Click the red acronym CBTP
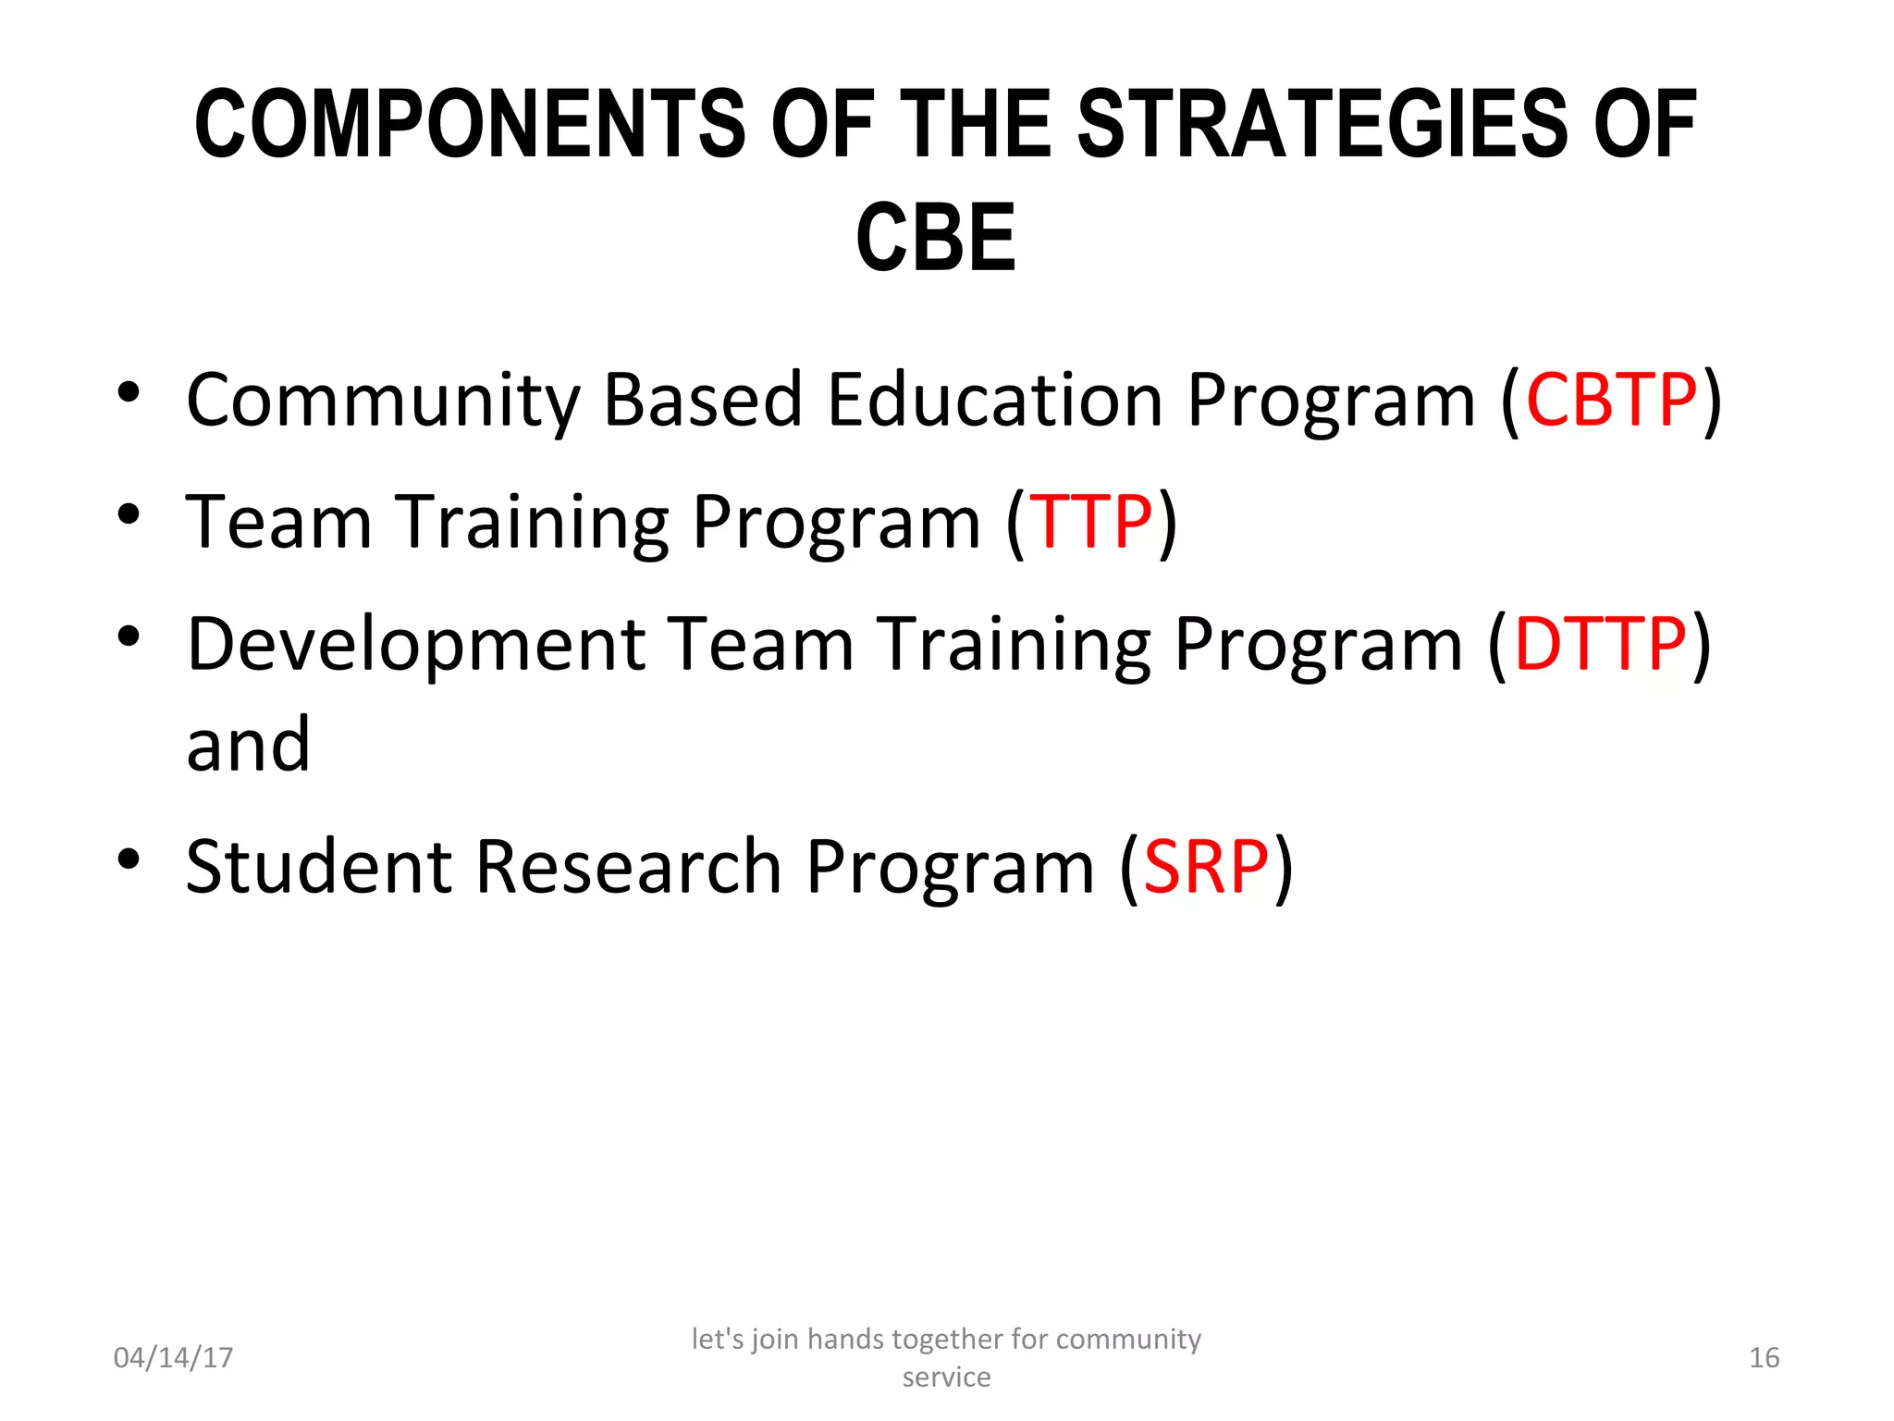1611,400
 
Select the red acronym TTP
1091,522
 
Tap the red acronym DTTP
1600,644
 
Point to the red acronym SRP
1206,867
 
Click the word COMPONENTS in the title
470,124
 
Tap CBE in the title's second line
936,239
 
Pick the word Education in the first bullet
994,400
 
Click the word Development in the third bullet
416,646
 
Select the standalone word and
248,745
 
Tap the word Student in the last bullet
319,867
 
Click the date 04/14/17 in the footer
173,1357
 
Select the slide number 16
1764,1357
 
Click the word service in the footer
946,1378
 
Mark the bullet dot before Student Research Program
129,859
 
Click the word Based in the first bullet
703,400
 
